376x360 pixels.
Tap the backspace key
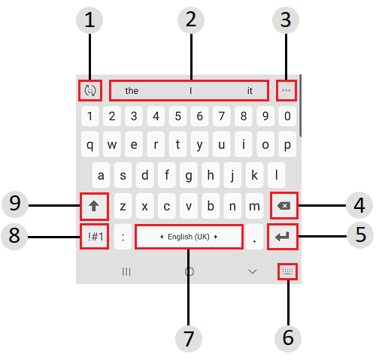284,206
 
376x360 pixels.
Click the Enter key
283,237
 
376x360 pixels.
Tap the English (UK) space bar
189,237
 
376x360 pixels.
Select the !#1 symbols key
95,237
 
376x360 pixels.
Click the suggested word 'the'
132,90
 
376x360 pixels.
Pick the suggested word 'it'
250,90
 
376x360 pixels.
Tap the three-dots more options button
286,90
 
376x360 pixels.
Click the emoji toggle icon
90,90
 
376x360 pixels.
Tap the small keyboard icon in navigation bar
287,271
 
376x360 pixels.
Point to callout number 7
189,338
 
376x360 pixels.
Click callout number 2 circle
191,20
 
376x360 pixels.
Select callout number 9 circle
15,204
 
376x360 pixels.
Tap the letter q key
90,144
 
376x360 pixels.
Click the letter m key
254,206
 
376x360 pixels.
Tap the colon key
123,237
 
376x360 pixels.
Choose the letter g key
189,175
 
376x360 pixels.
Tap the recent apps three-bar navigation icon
126,271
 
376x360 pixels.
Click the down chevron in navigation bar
253,271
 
